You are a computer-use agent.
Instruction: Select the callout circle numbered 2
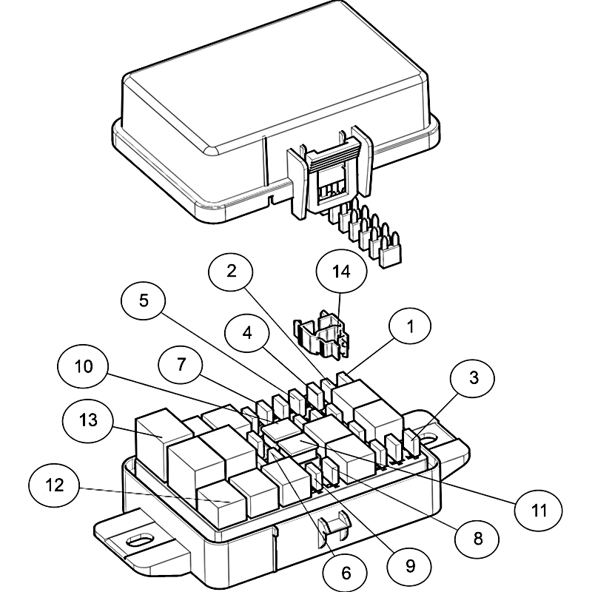pos(232,271)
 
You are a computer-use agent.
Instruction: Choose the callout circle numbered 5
pos(144,300)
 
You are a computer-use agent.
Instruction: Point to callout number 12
pos(53,486)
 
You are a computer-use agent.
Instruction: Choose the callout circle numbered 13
pos(89,420)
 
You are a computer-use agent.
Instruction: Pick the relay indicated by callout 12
pos(222,503)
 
